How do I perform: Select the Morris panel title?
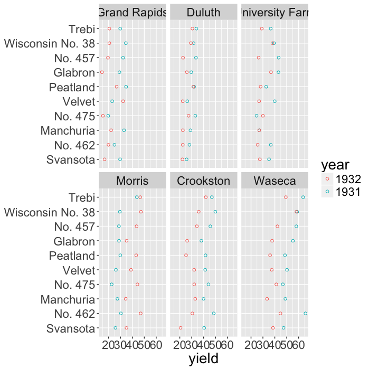click(132, 181)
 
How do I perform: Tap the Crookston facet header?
click(203, 181)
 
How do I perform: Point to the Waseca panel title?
click(274, 181)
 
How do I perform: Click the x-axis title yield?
click(203, 358)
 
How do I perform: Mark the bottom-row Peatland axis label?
click(72, 256)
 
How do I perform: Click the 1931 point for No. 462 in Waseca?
click(306, 314)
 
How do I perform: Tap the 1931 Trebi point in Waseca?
click(303, 197)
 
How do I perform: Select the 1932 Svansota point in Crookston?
click(181, 328)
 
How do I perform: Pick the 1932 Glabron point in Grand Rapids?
click(101, 72)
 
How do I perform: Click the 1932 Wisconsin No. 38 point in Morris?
click(141, 212)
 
